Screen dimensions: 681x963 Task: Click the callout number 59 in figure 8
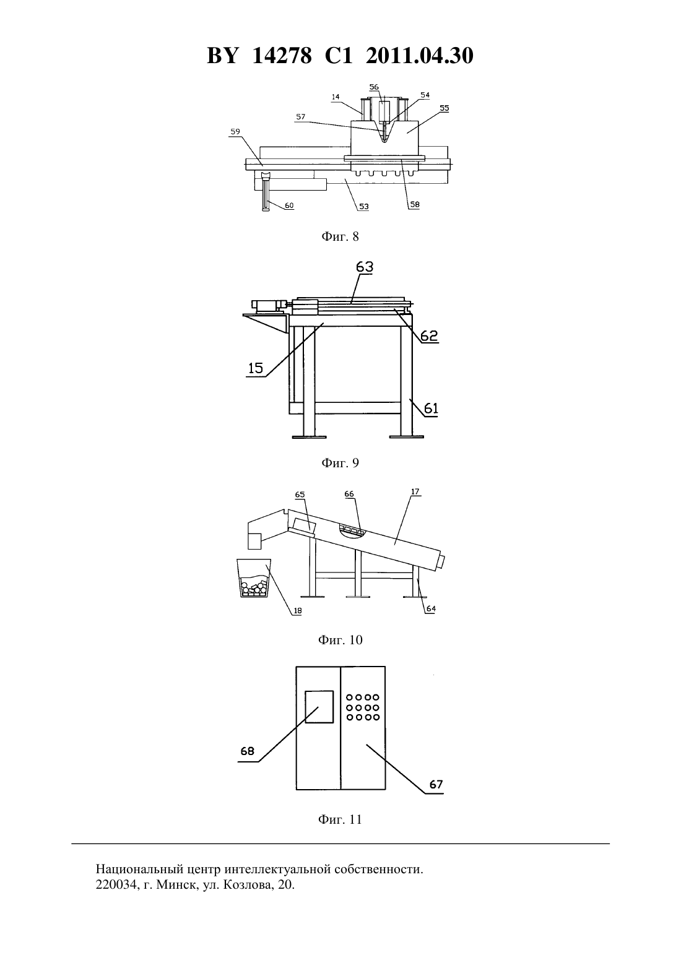pos(235,132)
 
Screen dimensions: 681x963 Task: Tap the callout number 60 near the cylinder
pos(289,205)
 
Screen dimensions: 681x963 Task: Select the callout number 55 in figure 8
pos(444,108)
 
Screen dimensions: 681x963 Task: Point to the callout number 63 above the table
pos(365,267)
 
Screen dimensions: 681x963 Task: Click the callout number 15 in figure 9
pos(256,368)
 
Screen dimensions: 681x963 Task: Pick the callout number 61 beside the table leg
pos(431,408)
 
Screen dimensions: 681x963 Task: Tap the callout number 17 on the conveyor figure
pos(415,491)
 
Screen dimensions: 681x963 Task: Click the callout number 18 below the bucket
pos(297,610)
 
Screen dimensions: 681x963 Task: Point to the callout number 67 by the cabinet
pos(436,785)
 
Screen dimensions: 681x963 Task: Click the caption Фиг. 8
pos(340,236)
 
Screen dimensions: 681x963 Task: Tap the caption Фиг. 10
pos(340,640)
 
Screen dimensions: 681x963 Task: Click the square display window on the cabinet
pos(319,707)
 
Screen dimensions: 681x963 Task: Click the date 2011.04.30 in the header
pos(420,56)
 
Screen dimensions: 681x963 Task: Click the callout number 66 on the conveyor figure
pos(349,494)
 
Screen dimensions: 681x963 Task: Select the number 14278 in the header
pos(282,56)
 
